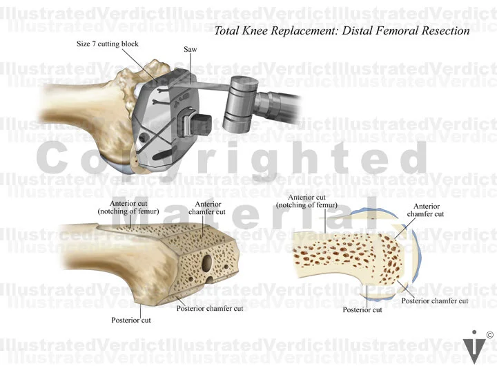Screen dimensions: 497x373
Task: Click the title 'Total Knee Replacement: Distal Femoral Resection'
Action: [342, 31]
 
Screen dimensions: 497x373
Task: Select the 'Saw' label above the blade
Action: [191, 50]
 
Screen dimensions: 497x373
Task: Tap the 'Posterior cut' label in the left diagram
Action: [131, 320]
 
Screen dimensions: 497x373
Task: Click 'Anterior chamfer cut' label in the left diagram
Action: [209, 209]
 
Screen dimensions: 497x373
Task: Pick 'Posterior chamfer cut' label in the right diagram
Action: [435, 300]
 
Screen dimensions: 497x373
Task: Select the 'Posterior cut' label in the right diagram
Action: [362, 309]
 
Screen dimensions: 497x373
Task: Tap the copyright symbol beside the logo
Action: [489, 335]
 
